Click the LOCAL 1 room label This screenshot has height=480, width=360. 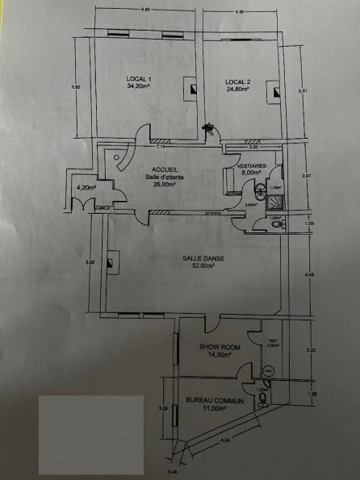139,78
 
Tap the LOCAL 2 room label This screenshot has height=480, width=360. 237,82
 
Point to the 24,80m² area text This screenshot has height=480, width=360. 237,90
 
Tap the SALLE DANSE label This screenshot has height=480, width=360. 198,259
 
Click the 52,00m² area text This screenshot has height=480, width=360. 198,267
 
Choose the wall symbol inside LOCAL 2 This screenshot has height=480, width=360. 276,92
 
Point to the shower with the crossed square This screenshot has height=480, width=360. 260,191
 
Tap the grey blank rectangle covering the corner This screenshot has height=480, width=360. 90,433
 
